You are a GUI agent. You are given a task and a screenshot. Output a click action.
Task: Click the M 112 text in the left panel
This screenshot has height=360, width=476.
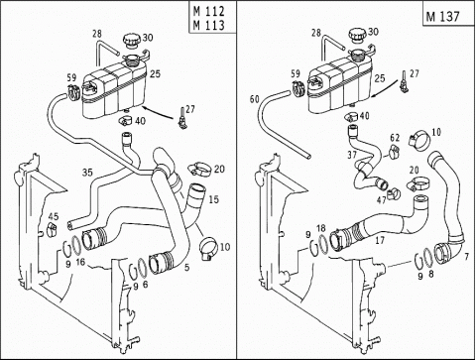[x=208, y=11]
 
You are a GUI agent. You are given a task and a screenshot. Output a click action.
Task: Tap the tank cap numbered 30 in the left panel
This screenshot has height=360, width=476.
[x=131, y=41]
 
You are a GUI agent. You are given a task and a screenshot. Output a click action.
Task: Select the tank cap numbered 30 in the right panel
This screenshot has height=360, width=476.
[x=357, y=35]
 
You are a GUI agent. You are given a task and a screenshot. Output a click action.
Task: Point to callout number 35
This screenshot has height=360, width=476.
[x=87, y=173]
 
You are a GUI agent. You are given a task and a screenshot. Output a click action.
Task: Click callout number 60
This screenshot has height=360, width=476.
[x=255, y=99]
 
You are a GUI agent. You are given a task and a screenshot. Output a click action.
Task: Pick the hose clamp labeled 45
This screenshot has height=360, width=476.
[x=52, y=229]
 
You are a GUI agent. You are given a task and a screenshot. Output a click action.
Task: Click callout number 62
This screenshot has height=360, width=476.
[x=395, y=137]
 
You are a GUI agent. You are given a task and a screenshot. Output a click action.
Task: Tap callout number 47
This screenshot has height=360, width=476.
[x=382, y=200]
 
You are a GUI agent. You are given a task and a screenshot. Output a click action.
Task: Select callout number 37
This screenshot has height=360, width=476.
[x=352, y=155]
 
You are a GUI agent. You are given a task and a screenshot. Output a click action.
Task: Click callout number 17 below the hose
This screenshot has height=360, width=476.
[x=380, y=240]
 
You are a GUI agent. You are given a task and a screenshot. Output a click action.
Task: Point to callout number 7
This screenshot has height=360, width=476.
[x=466, y=256]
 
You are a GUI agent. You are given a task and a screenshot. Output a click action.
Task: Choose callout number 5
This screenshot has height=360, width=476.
[x=187, y=267]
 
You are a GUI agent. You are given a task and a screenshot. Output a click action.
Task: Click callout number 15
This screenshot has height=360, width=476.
[x=214, y=199]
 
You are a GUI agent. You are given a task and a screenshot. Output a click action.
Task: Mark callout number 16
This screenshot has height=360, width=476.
[x=80, y=262]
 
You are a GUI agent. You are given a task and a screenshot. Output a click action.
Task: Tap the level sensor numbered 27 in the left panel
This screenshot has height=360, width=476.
[x=180, y=119]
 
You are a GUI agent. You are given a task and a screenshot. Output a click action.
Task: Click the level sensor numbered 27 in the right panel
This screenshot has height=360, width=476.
[x=404, y=81]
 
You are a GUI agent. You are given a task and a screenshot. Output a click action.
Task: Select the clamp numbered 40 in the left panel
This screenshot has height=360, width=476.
[x=125, y=120]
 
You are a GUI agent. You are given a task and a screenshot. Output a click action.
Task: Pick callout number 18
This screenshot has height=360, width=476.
[x=321, y=228]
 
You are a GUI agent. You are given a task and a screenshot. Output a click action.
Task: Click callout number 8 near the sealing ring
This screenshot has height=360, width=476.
[x=431, y=275]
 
